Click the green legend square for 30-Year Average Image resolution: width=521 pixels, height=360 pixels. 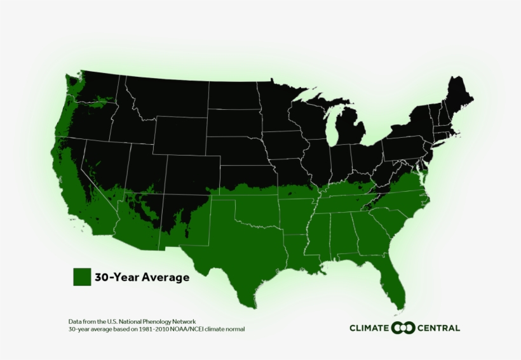click(82, 277)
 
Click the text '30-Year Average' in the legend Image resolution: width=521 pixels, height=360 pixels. click(142, 277)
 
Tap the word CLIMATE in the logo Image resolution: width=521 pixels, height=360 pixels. click(369, 328)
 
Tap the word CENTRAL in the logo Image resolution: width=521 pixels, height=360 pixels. click(438, 328)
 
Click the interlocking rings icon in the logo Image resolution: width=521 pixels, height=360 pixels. click(403, 328)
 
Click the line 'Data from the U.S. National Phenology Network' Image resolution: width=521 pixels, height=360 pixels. click(132, 321)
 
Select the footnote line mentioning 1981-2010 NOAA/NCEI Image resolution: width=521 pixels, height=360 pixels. click(156, 330)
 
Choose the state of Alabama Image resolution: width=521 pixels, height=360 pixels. click(344, 234)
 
